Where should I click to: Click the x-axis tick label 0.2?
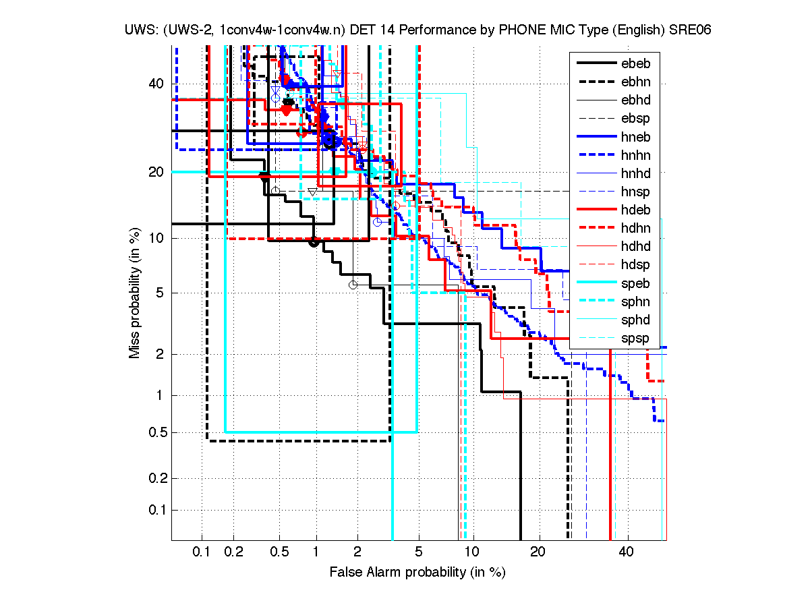[x=233, y=552]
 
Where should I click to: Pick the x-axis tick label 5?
[x=418, y=552]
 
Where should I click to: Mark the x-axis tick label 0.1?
[x=202, y=552]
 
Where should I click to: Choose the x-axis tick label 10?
[x=473, y=552]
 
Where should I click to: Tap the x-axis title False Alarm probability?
[x=417, y=573]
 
